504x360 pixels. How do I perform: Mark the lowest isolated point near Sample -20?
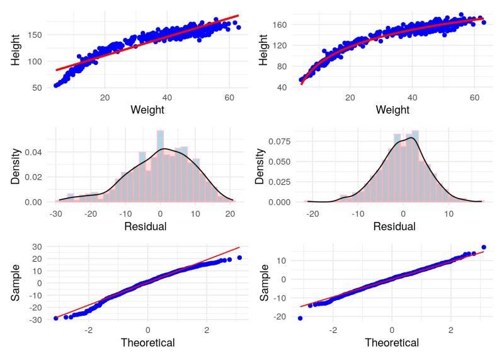point(301,318)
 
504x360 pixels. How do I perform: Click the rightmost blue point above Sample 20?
point(239,257)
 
